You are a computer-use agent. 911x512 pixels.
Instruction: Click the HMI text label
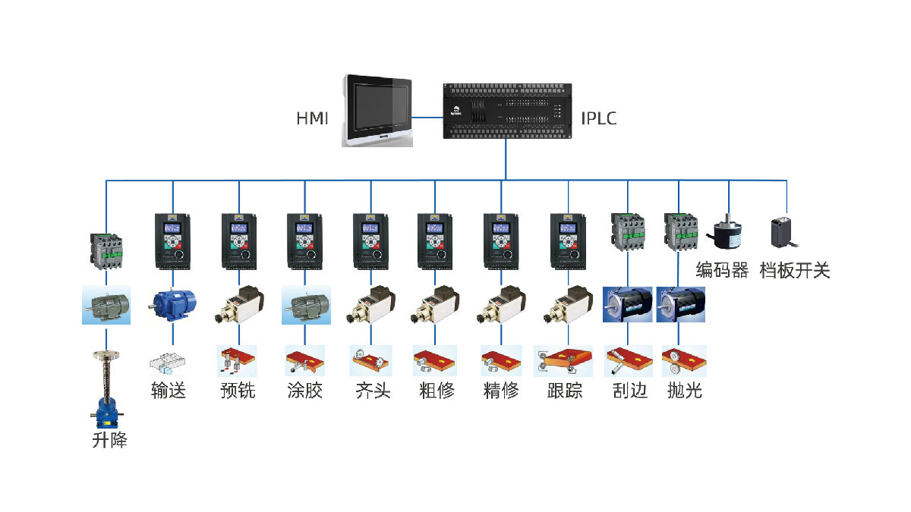(x=312, y=118)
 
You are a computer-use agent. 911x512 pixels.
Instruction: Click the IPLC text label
(x=599, y=118)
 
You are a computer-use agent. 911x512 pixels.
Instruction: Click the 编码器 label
(x=722, y=270)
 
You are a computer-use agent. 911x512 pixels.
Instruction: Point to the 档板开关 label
(x=795, y=270)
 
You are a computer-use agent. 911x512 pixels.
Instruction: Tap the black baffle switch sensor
(x=786, y=231)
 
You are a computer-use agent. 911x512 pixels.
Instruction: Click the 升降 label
(x=109, y=439)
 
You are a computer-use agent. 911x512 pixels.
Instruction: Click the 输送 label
(x=169, y=391)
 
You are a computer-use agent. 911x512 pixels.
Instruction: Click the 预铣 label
(x=238, y=391)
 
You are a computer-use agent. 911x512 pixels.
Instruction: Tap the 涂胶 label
(x=305, y=391)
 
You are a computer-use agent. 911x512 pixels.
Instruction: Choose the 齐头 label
(x=373, y=391)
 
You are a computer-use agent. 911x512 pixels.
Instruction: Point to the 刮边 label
(x=629, y=391)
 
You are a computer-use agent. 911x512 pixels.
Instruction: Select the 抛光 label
(x=684, y=391)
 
